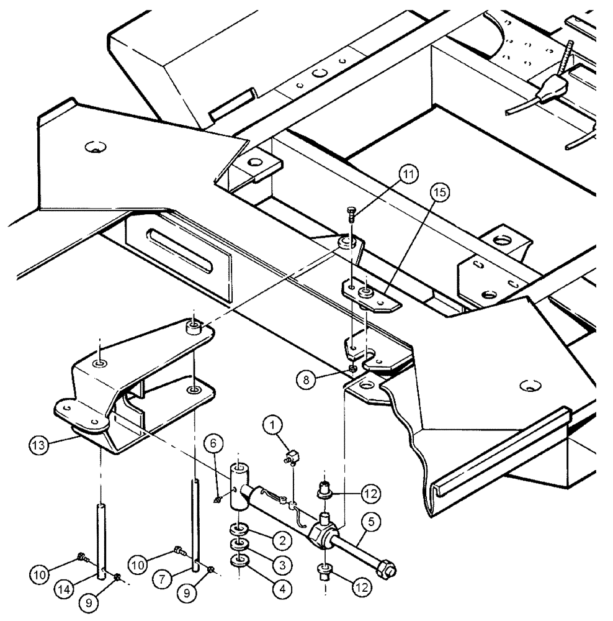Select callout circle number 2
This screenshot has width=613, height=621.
(282, 541)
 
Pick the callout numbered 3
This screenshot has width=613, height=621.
(282, 565)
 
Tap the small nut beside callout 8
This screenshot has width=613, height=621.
(352, 368)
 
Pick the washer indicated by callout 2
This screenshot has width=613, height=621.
(238, 529)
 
